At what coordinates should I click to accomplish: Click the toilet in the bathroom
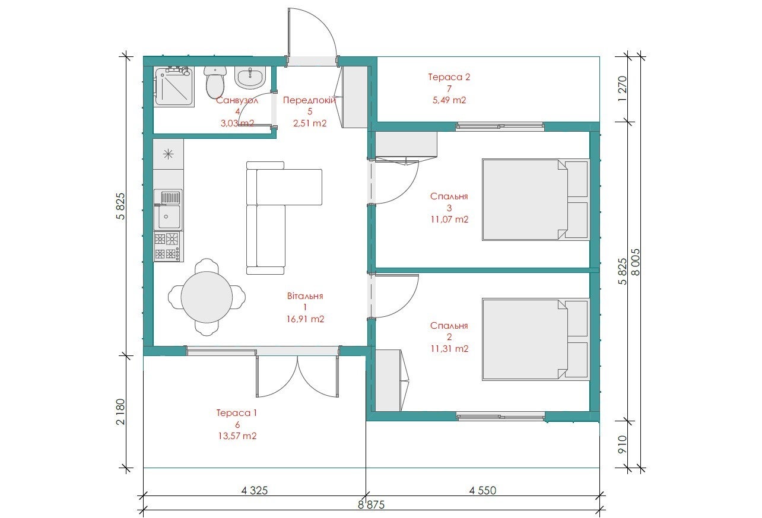215,82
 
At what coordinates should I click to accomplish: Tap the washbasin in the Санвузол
250,78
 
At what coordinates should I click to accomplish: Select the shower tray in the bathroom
174,87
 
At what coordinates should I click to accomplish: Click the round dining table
207,297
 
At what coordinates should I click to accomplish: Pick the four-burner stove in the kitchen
169,247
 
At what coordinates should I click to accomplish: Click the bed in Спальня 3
535,199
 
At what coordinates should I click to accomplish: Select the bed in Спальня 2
535,339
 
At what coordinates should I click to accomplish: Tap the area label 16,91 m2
305,319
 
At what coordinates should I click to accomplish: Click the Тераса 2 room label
449,77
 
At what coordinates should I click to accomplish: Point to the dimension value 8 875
371,505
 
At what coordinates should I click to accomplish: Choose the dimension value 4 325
255,491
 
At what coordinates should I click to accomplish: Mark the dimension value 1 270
622,88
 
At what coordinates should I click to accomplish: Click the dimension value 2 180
120,412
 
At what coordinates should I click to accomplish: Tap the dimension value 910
622,444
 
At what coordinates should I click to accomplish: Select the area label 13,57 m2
237,436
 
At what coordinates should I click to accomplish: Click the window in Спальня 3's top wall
500,126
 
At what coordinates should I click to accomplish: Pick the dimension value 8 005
636,262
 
